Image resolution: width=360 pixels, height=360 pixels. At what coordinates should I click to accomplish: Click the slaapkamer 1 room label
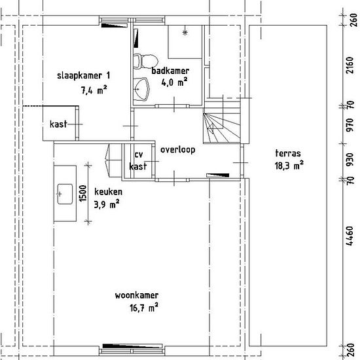coord(84,75)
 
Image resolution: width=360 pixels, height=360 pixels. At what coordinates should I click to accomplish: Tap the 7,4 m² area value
coord(94,90)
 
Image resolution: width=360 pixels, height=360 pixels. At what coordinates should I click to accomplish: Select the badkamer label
coord(170,71)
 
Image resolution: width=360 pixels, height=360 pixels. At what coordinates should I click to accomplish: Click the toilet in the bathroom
coord(145,62)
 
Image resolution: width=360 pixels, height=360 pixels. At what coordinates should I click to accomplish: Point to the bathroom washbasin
coord(141,89)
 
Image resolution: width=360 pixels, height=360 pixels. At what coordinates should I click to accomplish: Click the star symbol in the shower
coord(185,33)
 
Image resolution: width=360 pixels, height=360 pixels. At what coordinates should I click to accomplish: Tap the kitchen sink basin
coord(65,194)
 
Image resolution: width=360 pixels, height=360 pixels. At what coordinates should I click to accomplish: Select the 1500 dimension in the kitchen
coord(83,194)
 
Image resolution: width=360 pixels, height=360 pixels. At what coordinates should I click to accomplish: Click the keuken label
coord(108,192)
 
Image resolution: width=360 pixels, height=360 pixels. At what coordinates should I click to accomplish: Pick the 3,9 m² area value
coord(107,204)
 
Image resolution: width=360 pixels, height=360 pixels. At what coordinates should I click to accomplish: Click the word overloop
coord(177,150)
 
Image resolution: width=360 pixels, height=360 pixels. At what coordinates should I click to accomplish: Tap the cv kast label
coord(138,160)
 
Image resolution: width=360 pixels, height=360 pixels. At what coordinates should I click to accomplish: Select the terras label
coord(288,153)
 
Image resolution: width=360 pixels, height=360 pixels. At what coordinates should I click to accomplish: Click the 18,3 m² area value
coord(289,165)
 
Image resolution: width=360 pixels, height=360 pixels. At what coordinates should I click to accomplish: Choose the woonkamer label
coord(137,295)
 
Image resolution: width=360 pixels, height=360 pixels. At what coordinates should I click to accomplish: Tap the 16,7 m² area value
coord(144,308)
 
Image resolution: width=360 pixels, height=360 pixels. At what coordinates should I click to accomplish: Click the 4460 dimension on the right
coord(350,236)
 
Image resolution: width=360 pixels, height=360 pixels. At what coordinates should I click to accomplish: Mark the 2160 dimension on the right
coord(350,65)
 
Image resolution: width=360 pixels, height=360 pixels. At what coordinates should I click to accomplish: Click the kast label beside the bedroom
coord(58,124)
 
